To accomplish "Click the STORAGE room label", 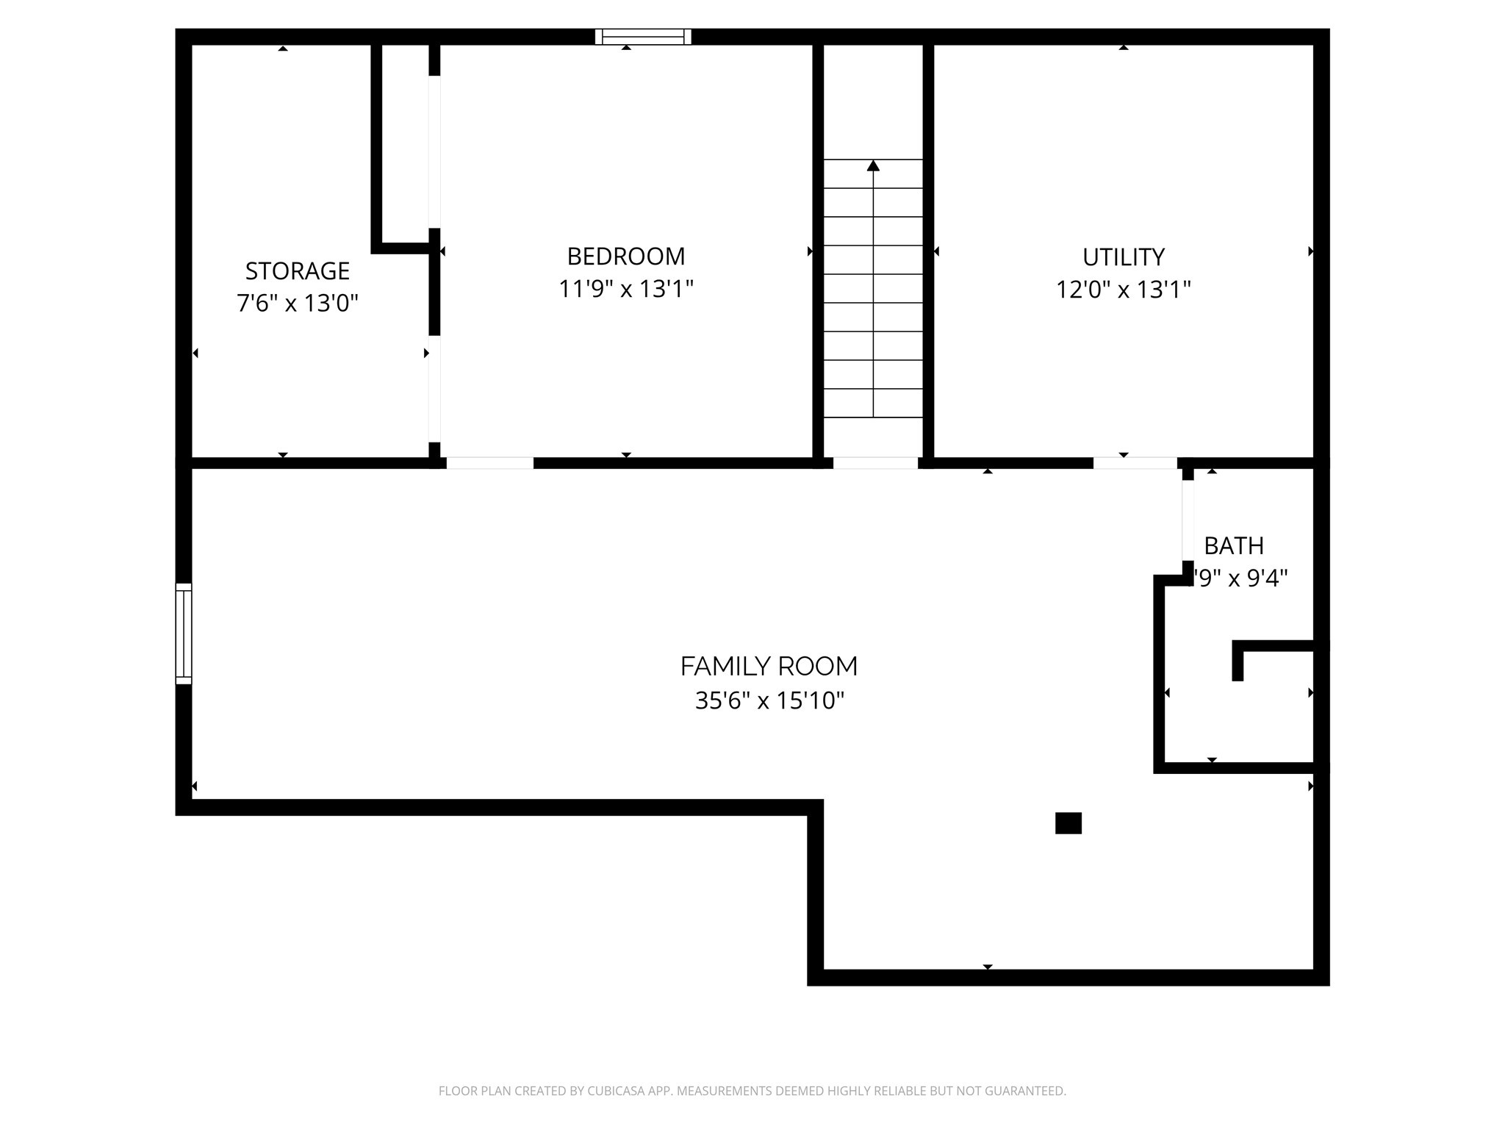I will click(297, 271).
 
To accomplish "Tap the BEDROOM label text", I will click(625, 257).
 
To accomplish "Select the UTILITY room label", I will click(1123, 257).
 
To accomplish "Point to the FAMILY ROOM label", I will click(769, 667).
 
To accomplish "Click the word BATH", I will click(1234, 546).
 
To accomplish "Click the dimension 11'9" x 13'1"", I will click(625, 290).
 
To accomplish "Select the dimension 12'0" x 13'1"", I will click(1123, 290).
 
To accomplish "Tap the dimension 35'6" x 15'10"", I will click(769, 700).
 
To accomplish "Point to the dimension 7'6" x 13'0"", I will click(297, 303).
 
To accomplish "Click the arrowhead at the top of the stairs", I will click(873, 166).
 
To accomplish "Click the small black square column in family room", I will click(1068, 823).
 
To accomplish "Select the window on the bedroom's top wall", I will click(643, 37).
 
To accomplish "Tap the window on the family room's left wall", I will click(184, 634).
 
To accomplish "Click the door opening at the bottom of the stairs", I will click(875, 463).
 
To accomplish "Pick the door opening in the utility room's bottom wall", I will click(1135, 463).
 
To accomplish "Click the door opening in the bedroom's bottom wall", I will click(489, 463).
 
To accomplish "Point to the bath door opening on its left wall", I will click(1188, 520).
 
